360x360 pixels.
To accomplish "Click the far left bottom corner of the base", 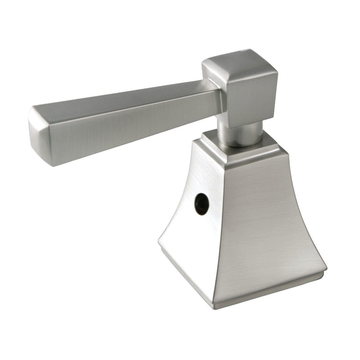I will pyautogui.click(x=159, y=245).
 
